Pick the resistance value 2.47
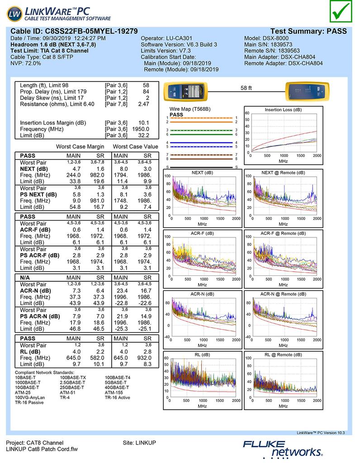pyautogui.click(x=143, y=104)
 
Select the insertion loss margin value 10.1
pyautogui.click(x=143, y=123)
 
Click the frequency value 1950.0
pyautogui.click(x=141, y=129)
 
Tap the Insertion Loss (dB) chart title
pyautogui.click(x=283, y=110)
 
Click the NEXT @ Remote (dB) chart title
pyautogui.click(x=283, y=173)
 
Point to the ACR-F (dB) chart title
pyautogui.click(x=202, y=233)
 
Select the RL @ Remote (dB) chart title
pyautogui.click(x=283, y=355)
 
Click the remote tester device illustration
pyautogui.click(x=306, y=93)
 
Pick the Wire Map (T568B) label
pyautogui.click(x=190, y=109)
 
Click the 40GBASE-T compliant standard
pyautogui.click(x=117, y=387)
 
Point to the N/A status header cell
pyautogui.click(x=26, y=277)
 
